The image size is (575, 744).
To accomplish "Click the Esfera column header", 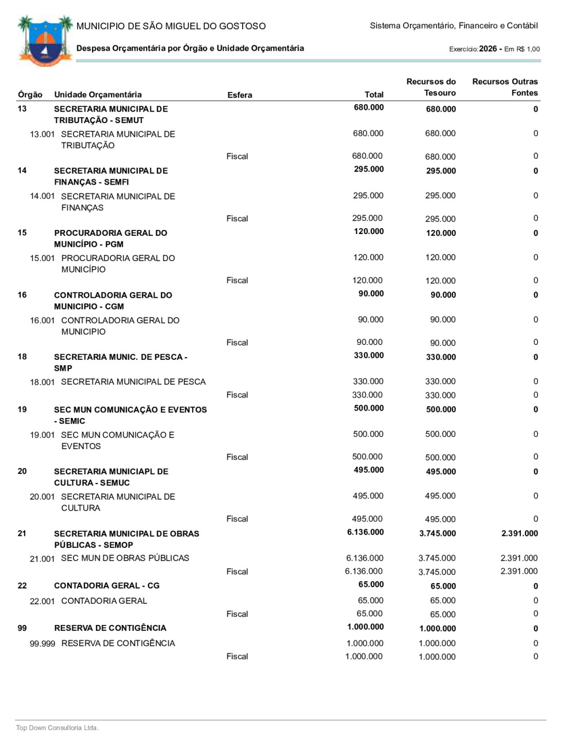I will [x=240, y=95].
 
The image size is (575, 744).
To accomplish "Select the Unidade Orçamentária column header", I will [x=98, y=95].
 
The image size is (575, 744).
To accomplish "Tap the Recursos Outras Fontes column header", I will [x=505, y=87].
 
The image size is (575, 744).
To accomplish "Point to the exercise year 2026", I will [x=488, y=49].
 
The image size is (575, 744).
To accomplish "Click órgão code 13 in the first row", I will [x=22, y=109].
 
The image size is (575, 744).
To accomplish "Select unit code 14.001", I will [x=43, y=196].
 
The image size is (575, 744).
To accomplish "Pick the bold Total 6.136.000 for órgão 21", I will [x=365, y=532].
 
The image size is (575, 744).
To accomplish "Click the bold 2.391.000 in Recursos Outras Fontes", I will [x=519, y=534].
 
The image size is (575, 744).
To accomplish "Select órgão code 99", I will [x=22, y=628].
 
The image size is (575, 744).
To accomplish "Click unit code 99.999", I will [x=43, y=643].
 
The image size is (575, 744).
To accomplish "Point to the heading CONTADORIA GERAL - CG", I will [x=107, y=586].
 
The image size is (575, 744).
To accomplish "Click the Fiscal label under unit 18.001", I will [x=237, y=395].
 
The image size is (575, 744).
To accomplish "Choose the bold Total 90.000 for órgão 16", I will [x=371, y=294].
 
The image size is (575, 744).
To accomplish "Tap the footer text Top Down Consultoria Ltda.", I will [x=57, y=728].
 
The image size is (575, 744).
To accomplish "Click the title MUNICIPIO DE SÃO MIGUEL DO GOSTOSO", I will [x=171, y=26].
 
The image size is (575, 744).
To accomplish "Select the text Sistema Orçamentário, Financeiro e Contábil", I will [x=454, y=26].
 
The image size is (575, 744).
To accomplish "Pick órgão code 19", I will [x=22, y=409].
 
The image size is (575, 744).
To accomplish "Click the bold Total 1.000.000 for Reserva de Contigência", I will [x=365, y=627].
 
